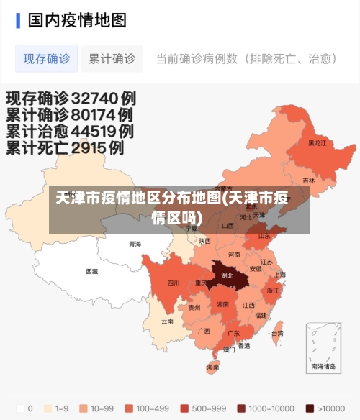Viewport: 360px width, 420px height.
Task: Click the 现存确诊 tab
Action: coord(47,59)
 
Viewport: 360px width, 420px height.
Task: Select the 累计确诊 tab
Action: coord(112,59)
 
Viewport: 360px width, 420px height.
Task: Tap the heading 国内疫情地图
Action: coord(77,19)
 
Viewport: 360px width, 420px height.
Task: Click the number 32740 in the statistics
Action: coord(93,98)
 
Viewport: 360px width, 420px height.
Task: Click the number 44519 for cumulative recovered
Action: coord(91,132)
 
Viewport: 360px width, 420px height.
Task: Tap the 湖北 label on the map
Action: coord(228,275)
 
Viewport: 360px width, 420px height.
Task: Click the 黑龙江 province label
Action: coord(317,143)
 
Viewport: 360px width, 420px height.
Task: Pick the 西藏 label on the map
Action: coord(92,271)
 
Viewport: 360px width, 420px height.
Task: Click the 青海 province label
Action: coord(135,244)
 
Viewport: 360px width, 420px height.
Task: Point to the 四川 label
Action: coord(174,283)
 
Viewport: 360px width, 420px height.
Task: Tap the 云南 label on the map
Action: coord(167,321)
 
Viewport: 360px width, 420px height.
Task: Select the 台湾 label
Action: coord(277,334)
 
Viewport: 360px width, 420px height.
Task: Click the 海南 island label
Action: coord(213,367)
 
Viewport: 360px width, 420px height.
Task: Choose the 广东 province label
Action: coord(233,334)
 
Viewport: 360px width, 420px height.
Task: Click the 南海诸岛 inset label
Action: coord(323,366)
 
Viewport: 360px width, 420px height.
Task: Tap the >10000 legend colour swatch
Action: coord(310,408)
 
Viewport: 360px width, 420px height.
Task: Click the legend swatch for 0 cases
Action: coord(20,408)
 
